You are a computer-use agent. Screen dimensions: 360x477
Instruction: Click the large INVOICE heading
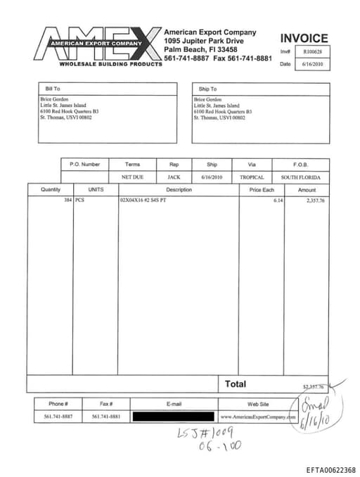[304, 39]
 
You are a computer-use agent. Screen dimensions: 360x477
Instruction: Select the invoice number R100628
[311, 51]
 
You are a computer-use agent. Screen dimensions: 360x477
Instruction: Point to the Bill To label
[53, 89]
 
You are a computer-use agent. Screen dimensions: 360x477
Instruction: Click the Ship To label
[208, 89]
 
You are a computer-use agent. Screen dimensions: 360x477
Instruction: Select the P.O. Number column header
[85, 165]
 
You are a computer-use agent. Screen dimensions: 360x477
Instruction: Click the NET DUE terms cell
[132, 177]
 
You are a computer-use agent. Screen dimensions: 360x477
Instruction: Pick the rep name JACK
[174, 177]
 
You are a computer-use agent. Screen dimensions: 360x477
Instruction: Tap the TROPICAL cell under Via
[252, 177]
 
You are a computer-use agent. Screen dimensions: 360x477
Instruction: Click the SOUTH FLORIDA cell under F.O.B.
[300, 177]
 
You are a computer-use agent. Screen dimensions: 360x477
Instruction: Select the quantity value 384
[67, 201]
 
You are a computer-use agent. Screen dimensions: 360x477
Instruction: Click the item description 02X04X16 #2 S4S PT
[143, 201]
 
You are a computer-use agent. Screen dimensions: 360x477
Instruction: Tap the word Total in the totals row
[236, 384]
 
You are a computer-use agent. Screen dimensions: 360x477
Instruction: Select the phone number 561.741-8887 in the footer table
[58, 416]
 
